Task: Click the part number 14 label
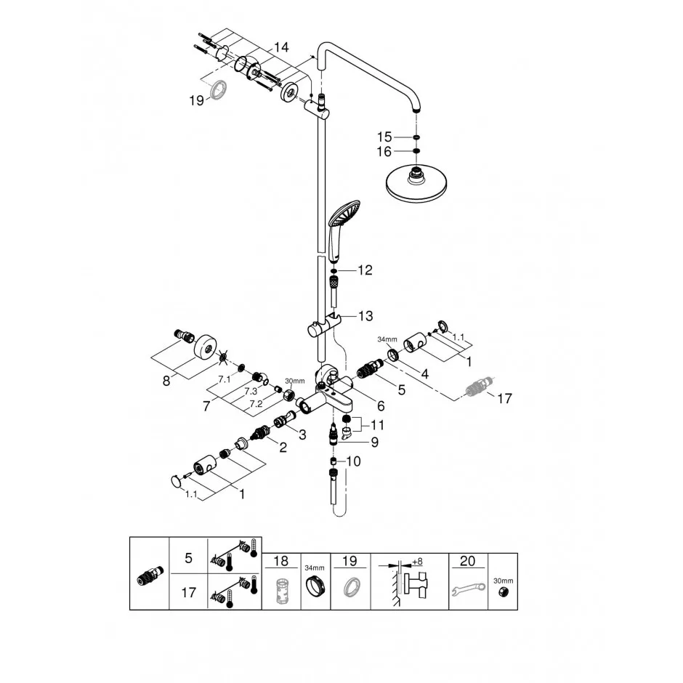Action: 281,47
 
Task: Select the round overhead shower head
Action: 417,182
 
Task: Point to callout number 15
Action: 384,137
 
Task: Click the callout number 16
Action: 384,152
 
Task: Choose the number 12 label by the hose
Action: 365,270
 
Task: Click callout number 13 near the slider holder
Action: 365,316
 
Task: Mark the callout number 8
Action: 166,381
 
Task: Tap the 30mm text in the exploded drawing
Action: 295,381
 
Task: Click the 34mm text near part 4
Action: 387,339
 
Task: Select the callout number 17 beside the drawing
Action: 504,398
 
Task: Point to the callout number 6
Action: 381,406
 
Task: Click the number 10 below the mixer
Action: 353,461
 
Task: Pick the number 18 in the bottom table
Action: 281,561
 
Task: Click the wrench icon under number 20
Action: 468,589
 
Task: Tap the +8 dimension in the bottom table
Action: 417,562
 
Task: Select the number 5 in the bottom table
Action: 189,558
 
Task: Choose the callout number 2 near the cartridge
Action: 283,447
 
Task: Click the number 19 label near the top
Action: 196,100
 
